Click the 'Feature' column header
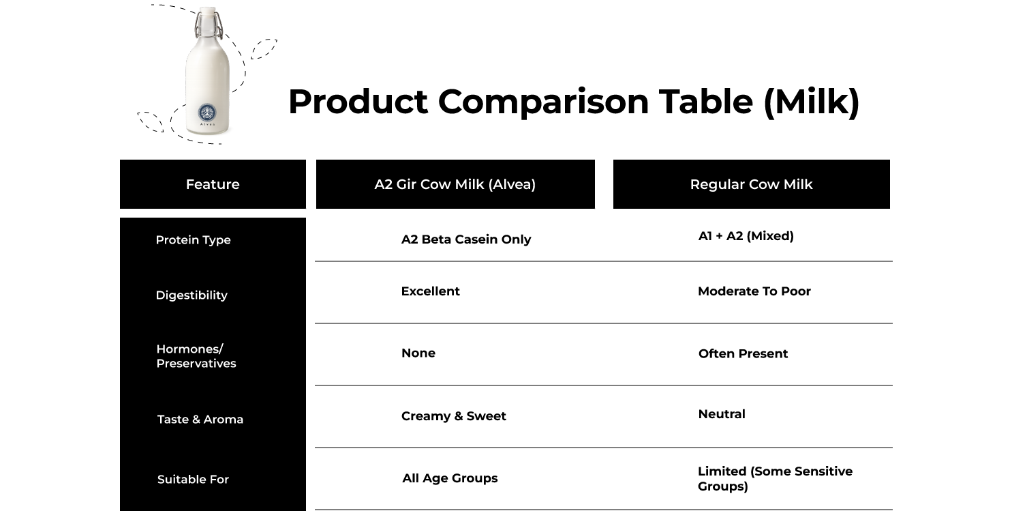213,184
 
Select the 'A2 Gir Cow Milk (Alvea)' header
455,184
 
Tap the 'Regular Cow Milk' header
752,184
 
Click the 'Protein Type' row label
193,240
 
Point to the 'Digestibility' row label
191,295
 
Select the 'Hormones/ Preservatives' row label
196,356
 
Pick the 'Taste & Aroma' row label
200,419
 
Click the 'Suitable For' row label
193,479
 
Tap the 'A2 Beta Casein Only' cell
466,239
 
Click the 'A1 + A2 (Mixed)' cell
746,236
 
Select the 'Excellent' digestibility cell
430,291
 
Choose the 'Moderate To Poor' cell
754,291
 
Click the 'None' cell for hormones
418,353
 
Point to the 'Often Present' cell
743,353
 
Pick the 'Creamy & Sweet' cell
453,416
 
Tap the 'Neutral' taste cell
722,414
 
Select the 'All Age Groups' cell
450,478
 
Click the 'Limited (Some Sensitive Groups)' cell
775,479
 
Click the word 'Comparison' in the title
543,102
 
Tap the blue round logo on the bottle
206,112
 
